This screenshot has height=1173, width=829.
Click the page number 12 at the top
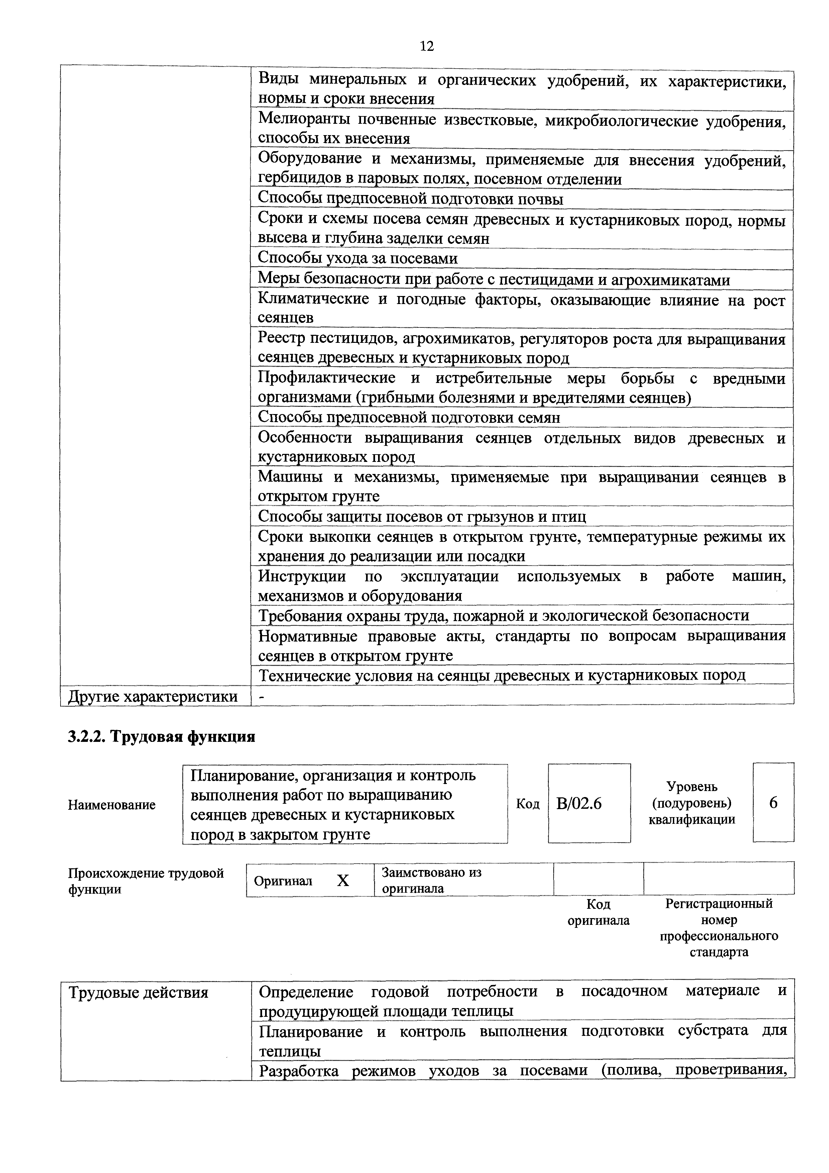click(427, 46)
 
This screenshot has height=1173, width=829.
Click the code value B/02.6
click(579, 804)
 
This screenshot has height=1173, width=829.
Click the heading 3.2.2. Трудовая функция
click(161, 737)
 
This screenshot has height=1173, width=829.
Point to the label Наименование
click(111, 805)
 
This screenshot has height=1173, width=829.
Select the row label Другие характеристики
click(153, 697)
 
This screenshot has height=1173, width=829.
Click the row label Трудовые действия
click(138, 993)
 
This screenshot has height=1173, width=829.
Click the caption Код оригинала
click(598, 912)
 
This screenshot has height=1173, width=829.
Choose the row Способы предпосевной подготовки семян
click(409, 417)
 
